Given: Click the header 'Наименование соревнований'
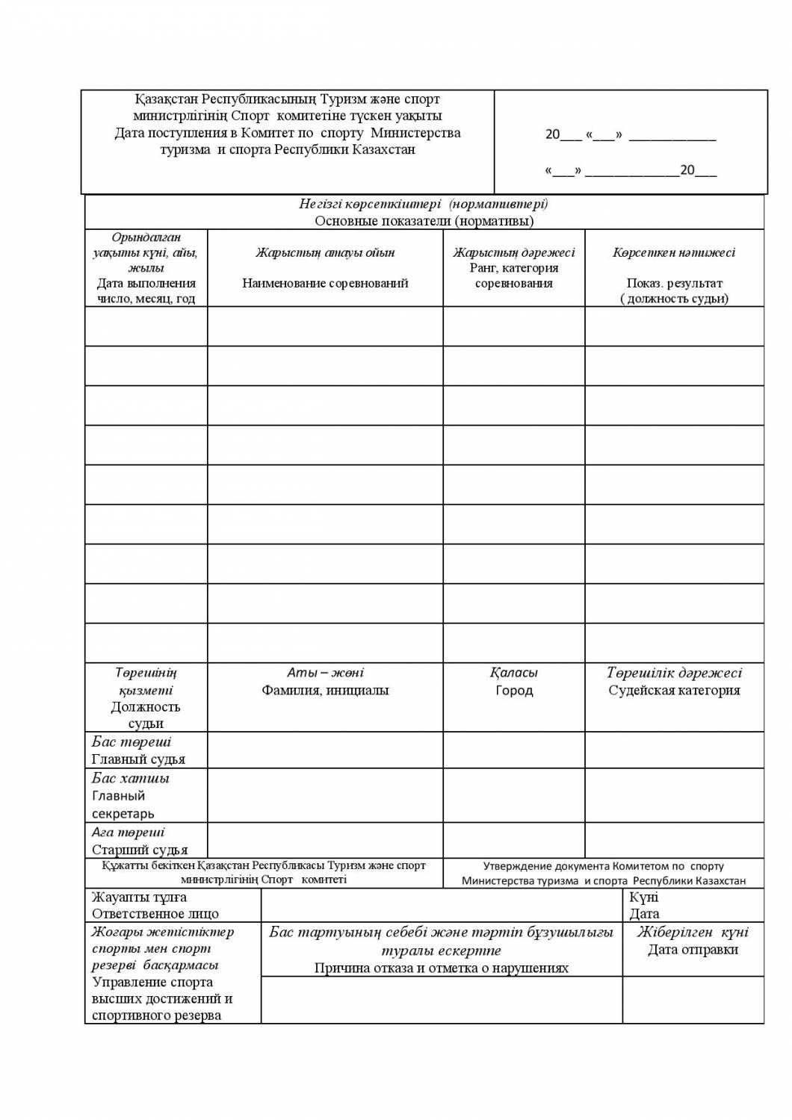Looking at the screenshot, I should tap(325, 283).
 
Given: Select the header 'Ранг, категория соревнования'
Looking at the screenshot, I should tap(514, 276).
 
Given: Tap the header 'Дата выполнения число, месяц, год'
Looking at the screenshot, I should tap(146, 290).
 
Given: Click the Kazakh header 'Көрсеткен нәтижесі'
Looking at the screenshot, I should tap(674, 252).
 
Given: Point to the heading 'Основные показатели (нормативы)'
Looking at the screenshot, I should tap(424, 221).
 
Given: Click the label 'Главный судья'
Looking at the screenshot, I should tap(138, 759).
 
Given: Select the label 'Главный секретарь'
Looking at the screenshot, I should tap(123, 805).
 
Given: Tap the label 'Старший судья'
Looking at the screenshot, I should tap(140, 850).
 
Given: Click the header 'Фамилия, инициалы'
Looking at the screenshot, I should tap(325, 691).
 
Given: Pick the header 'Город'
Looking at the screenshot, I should tap(514, 691).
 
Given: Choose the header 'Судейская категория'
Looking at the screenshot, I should tap(674, 691).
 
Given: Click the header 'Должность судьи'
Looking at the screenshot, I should tap(146, 715).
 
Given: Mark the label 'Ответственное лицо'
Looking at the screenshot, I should tap(155, 914).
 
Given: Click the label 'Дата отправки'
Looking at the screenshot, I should tap(693, 950).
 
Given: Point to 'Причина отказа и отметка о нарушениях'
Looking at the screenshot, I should tap(441, 968).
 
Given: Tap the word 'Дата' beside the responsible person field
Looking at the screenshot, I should tap(644, 914).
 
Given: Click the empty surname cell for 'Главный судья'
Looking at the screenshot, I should tap(325, 750).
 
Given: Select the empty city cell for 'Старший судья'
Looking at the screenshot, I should tap(514, 841).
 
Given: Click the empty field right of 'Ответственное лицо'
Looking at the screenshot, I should tap(441, 906).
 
